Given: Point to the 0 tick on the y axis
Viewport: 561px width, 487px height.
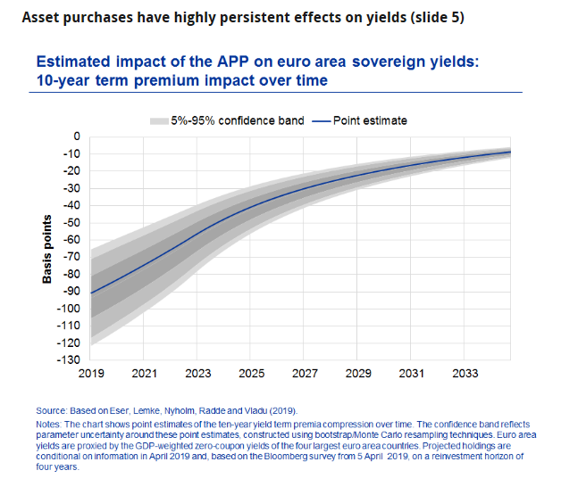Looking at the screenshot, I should (77, 136).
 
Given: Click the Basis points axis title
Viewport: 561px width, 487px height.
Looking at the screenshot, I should (48, 249).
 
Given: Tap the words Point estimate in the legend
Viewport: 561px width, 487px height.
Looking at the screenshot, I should (370, 120).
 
